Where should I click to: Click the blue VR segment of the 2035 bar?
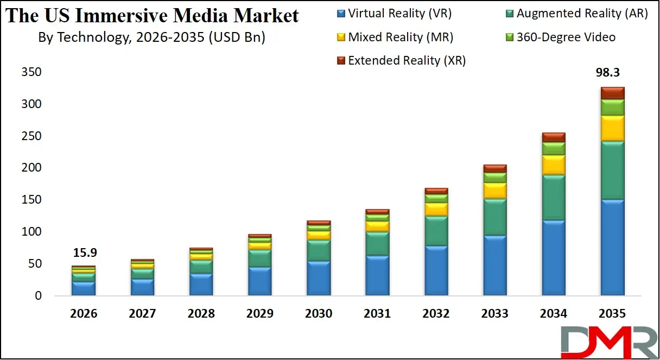(612, 248)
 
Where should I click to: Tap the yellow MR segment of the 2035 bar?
(612, 128)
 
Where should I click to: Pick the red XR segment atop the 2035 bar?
(612, 93)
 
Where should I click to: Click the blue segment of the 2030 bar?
(319, 278)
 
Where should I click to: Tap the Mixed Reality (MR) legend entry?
(395, 37)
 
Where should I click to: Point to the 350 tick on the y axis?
(31, 72)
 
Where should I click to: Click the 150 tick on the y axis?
(31, 200)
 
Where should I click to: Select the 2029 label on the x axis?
(260, 314)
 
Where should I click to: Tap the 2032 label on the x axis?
(436, 314)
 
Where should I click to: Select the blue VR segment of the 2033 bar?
(494, 266)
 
